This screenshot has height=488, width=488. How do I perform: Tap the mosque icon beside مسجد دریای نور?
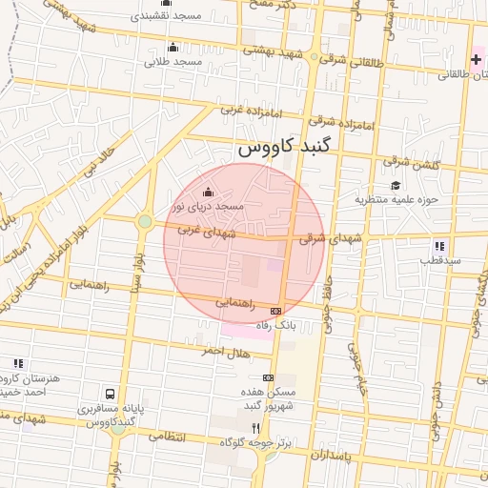pyautogui.click(x=209, y=191)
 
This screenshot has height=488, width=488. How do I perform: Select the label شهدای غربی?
pyautogui.click(x=200, y=230)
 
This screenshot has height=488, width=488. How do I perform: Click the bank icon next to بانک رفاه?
pyautogui.click(x=276, y=311)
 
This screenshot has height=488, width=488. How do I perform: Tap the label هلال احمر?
pyautogui.click(x=224, y=352)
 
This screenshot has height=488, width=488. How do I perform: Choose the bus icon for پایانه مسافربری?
pyautogui.click(x=112, y=393)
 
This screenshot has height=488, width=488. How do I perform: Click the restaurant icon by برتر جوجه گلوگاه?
pyautogui.click(x=254, y=428)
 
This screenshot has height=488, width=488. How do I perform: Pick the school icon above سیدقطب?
pyautogui.click(x=438, y=245)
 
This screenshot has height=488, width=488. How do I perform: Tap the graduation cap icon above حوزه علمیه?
pyautogui.click(x=395, y=185)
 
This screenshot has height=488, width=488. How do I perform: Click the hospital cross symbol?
pyautogui.click(x=476, y=59)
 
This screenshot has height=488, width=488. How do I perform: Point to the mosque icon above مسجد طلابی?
pyautogui.click(x=173, y=47)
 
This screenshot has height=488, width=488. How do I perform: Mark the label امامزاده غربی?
pyautogui.click(x=247, y=112)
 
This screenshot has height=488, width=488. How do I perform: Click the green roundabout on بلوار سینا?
pyautogui.click(x=144, y=222)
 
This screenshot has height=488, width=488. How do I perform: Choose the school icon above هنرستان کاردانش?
pyautogui.click(x=18, y=363)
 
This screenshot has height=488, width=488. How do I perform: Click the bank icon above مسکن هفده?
pyautogui.click(x=268, y=377)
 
